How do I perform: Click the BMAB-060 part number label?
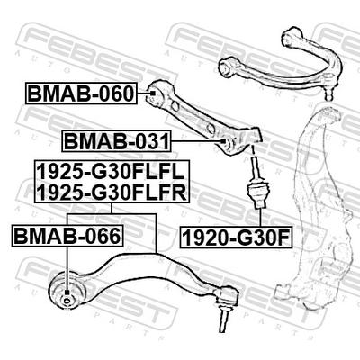81,94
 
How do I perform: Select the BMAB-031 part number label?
117,141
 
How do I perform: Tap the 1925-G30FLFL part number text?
111,172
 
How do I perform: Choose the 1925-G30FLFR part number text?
112,192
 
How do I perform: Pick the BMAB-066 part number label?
67,236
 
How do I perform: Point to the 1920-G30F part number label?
236,238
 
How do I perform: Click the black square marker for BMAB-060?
152,94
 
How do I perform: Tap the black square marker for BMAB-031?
223,141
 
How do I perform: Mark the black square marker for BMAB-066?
67,292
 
